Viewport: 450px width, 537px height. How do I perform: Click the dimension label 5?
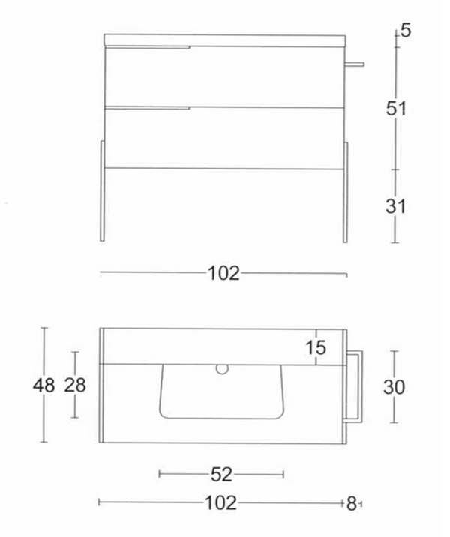coord(405,31)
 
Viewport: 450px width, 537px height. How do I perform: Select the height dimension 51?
coord(396,108)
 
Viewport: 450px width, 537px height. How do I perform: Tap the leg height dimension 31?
coord(396,205)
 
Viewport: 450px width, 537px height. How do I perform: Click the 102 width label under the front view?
coord(223,274)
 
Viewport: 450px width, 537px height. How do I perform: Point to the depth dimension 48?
coord(44,385)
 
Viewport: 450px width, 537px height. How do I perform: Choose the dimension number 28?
coord(75,385)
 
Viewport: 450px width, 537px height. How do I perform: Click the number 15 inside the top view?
coord(316,347)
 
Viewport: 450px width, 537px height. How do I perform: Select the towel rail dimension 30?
coord(394,387)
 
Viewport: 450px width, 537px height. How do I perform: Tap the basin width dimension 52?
coord(222,474)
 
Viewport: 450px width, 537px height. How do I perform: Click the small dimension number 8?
coord(351,504)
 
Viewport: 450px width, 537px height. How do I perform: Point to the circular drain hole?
coord(222,368)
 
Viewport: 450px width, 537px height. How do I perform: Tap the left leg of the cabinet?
coord(102,191)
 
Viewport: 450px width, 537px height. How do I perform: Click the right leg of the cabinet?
coord(346,191)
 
